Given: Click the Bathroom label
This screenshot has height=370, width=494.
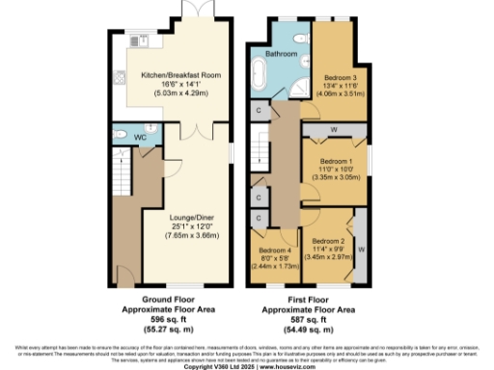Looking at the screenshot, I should [283, 55].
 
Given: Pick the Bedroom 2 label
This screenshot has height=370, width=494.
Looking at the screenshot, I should [329, 241].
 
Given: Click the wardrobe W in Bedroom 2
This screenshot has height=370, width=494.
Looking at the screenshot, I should [360, 248].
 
